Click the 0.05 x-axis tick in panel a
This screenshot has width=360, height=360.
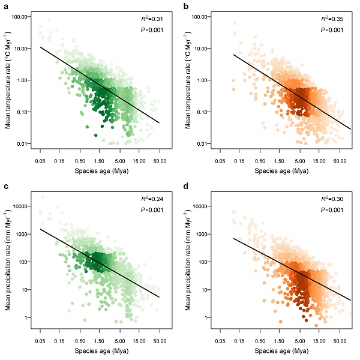coord(40,160)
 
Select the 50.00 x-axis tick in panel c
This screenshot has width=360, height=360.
coord(159,339)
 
